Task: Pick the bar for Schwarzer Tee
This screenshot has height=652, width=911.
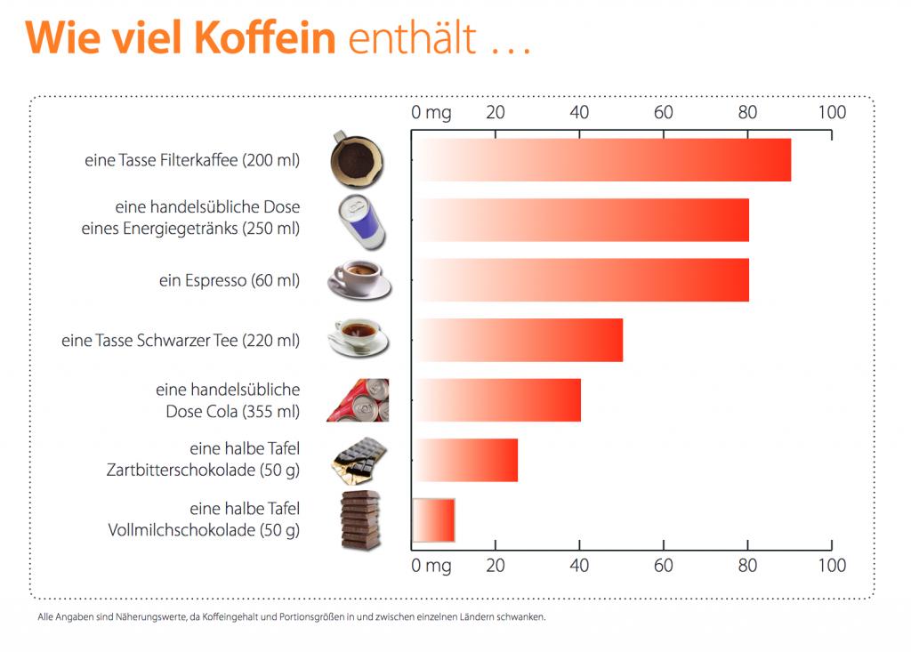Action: [518, 340]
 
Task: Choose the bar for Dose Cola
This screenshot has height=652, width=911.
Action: [496, 399]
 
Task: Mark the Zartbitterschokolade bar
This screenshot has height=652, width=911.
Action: [465, 460]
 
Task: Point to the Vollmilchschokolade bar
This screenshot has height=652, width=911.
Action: [434, 519]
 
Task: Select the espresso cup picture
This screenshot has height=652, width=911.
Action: [359, 278]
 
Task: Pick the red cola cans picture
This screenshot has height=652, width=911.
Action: [358, 400]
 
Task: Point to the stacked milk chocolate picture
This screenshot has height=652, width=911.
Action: [360, 519]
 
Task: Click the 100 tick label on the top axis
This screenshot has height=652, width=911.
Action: [832, 113]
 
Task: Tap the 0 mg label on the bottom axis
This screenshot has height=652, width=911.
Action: [431, 566]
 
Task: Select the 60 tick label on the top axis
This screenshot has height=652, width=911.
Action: [663, 113]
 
